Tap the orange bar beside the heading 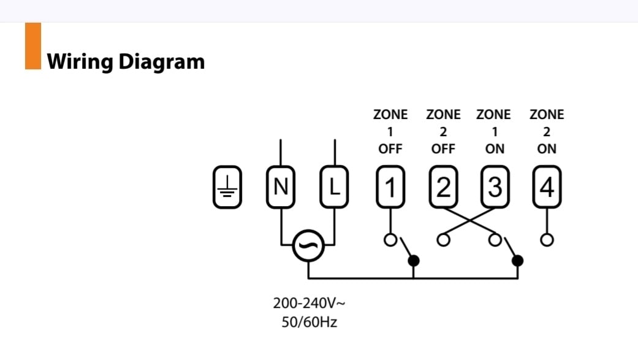[x=33, y=46]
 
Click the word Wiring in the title [x=80, y=62]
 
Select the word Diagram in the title [x=162, y=62]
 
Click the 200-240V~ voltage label [x=310, y=303]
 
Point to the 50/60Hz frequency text [x=310, y=322]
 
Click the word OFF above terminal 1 [x=390, y=149]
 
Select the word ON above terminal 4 [x=547, y=149]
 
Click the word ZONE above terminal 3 [x=493, y=115]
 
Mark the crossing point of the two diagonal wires [x=469, y=221]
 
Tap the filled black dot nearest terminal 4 [x=517, y=260]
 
